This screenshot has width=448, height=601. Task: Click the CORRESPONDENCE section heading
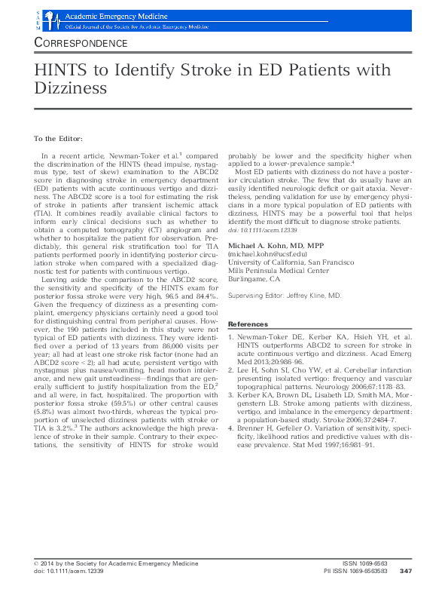pyautogui.click(x=81, y=43)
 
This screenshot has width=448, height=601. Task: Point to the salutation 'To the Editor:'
pyautogui.click(x=59, y=139)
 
